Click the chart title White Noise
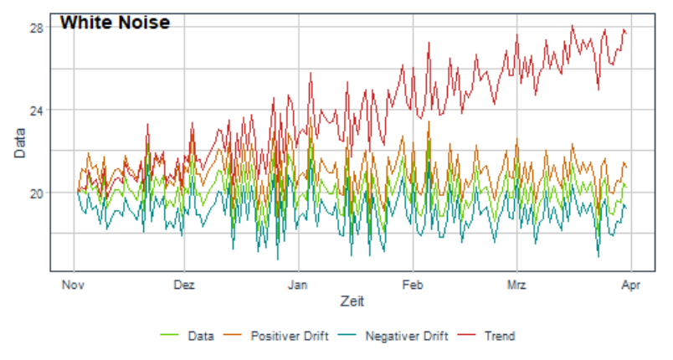[x=115, y=23]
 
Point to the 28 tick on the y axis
[x=36, y=28]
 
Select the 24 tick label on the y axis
[x=36, y=111]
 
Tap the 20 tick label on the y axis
[x=36, y=193]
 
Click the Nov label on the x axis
[x=73, y=285]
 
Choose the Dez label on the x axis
[x=184, y=285]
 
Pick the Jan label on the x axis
[x=297, y=285]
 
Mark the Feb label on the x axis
[x=413, y=285]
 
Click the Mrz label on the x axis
[x=516, y=285]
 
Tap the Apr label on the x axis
[x=631, y=285]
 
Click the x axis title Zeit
[x=352, y=301]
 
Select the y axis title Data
[x=20, y=143]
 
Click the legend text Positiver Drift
[x=290, y=336]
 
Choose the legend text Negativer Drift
[x=407, y=336]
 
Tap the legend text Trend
[x=500, y=336]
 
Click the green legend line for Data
[x=169, y=335]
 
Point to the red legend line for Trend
[x=466, y=335]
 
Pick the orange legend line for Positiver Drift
[x=232, y=335]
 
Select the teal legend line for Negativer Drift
[x=347, y=335]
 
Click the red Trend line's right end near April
[x=626, y=33]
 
